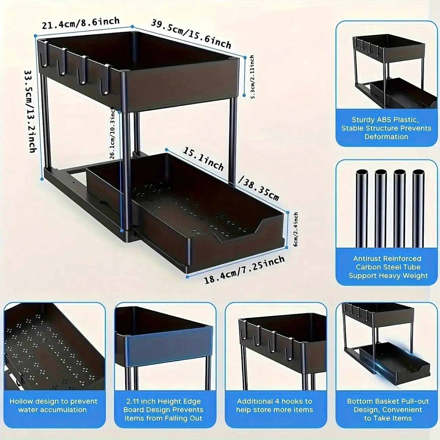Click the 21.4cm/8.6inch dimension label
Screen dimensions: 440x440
(x=81, y=23)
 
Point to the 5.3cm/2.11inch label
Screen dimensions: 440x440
(x=252, y=77)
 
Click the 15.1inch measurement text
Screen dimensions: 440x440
(x=203, y=159)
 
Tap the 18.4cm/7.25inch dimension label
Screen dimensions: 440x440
(x=244, y=269)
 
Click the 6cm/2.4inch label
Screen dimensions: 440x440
(x=296, y=229)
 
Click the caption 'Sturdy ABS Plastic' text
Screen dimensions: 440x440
(x=385, y=120)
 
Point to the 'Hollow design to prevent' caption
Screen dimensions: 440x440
(x=53, y=401)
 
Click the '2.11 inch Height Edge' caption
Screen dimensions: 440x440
(x=163, y=401)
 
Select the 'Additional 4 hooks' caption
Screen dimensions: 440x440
(x=274, y=401)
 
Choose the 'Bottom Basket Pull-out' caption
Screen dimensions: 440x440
(x=388, y=401)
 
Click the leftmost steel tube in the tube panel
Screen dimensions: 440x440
(x=362, y=208)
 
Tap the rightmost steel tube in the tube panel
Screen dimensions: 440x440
(x=418, y=208)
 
